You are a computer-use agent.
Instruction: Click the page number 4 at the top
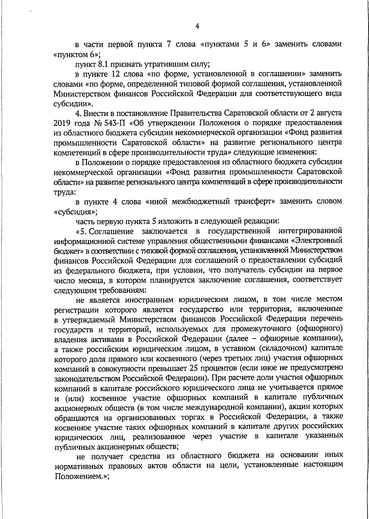tap(197, 26)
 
